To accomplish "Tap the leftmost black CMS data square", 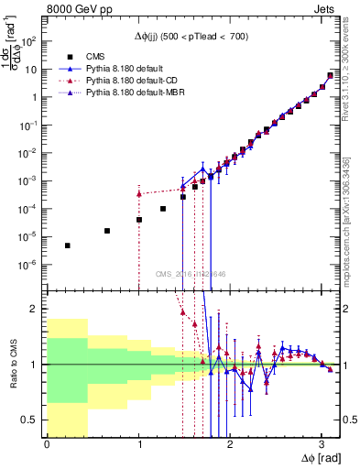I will (67, 245).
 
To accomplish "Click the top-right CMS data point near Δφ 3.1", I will (331, 76).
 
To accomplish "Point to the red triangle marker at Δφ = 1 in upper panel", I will (138, 193).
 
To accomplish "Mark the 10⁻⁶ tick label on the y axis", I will (29, 265).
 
